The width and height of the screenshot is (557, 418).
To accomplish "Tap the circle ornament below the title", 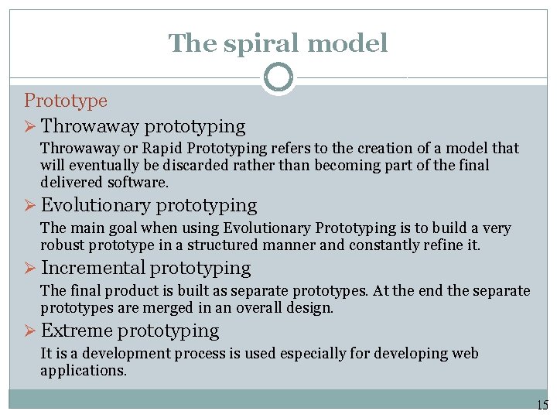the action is [x=278, y=78].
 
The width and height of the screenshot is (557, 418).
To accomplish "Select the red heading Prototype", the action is [x=66, y=101].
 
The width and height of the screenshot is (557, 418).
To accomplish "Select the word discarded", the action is [x=179, y=165].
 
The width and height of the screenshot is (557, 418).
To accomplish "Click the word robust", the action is [x=63, y=245].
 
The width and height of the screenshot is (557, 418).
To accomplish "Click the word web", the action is [x=463, y=354].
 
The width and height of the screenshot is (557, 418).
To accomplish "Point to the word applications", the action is [x=83, y=370].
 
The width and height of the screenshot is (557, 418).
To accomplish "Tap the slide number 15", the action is [x=542, y=404].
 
